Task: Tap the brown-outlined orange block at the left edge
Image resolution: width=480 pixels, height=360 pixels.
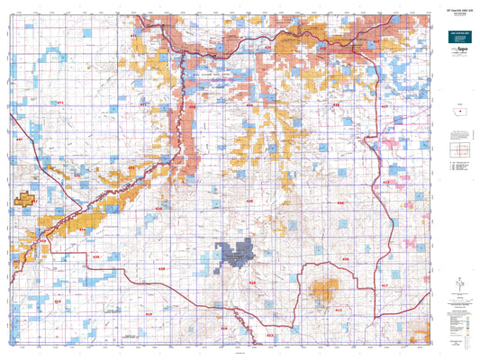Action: tap(25, 200)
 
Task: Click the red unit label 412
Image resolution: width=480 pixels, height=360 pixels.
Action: tap(339, 310)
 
